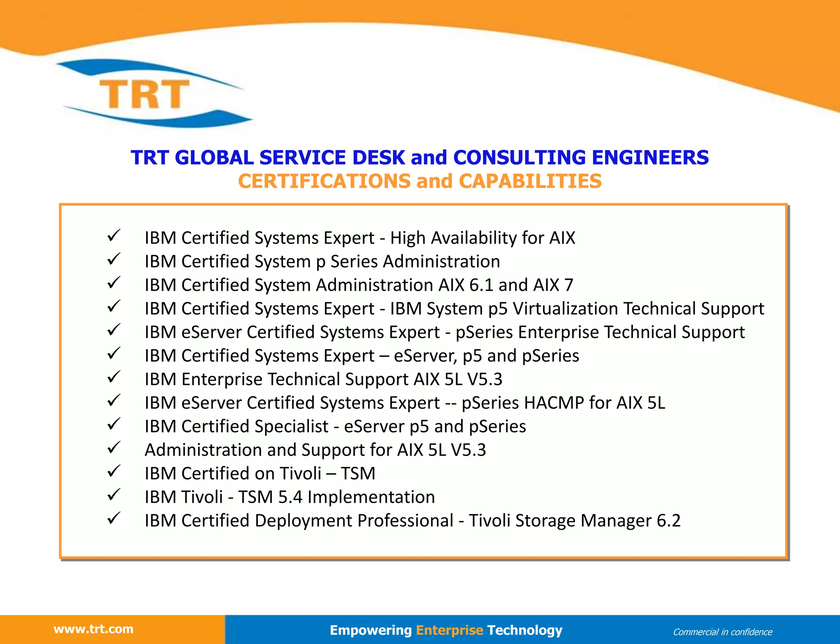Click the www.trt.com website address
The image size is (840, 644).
point(94,629)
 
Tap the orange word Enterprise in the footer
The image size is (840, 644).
point(450,630)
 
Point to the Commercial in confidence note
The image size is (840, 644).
point(722,632)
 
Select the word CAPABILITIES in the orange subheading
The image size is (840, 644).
point(530,181)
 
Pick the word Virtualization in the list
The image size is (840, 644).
point(565,308)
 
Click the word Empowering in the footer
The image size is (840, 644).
point(370,630)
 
